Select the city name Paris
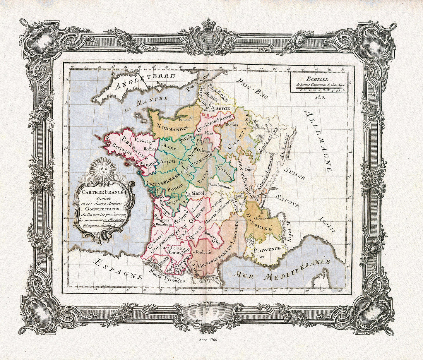coord(208,133)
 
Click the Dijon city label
coord(250,169)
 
